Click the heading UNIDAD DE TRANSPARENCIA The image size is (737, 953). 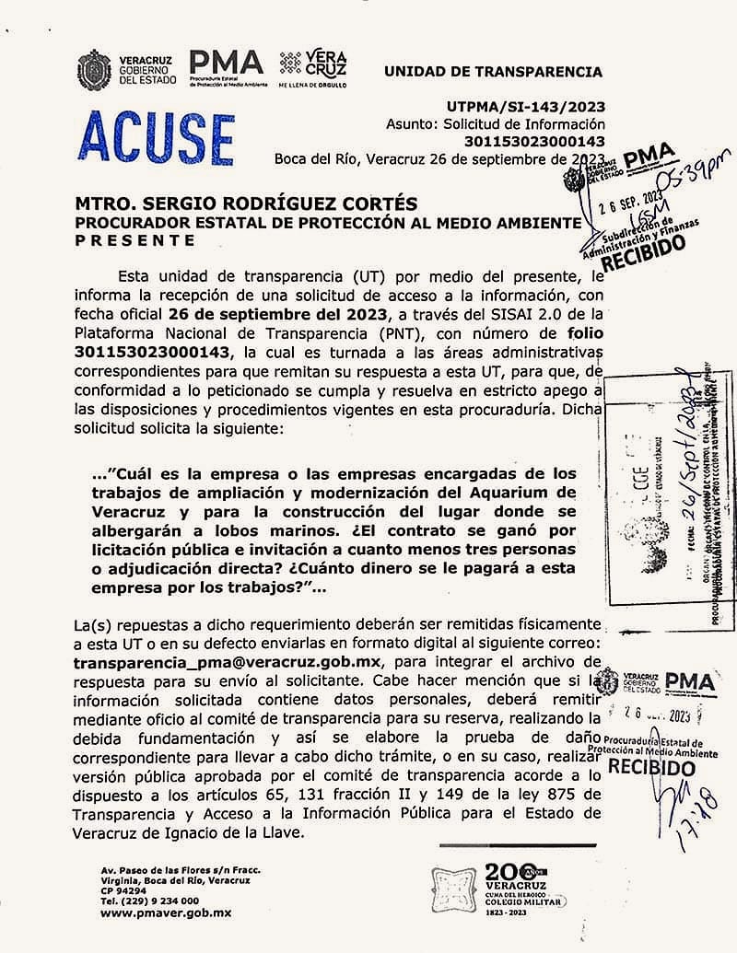coord(492,71)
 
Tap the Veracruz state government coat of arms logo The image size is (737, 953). coord(95,69)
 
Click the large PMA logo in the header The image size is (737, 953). coord(226,63)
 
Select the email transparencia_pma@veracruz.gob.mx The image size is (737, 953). coord(227,662)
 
